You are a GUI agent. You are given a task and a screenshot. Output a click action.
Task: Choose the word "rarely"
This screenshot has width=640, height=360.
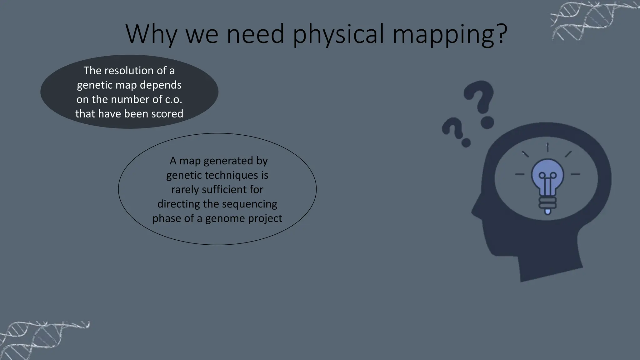(185, 189)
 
